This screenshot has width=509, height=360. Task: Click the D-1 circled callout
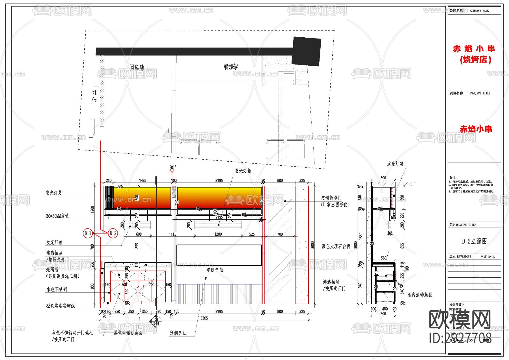(88, 233)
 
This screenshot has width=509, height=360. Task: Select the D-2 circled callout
(113, 233)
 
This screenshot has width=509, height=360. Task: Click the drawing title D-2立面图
(474, 241)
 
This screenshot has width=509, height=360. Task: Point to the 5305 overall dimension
(204, 318)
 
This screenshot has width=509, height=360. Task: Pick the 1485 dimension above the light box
(143, 181)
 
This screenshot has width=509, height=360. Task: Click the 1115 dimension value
(172, 234)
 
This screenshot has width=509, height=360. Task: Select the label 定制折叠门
(331, 198)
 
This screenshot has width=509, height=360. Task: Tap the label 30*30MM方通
(57, 216)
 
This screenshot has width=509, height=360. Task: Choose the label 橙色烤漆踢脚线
(61, 306)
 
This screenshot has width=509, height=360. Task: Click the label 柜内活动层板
(420, 295)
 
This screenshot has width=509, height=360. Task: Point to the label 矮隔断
(52, 270)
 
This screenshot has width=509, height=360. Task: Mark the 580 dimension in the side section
(383, 258)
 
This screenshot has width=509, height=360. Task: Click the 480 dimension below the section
(385, 309)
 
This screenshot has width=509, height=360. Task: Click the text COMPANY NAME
(479, 11)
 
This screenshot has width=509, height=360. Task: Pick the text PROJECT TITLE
(480, 93)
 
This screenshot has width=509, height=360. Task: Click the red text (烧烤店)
(475, 60)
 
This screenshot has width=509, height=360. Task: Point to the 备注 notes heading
(452, 178)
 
